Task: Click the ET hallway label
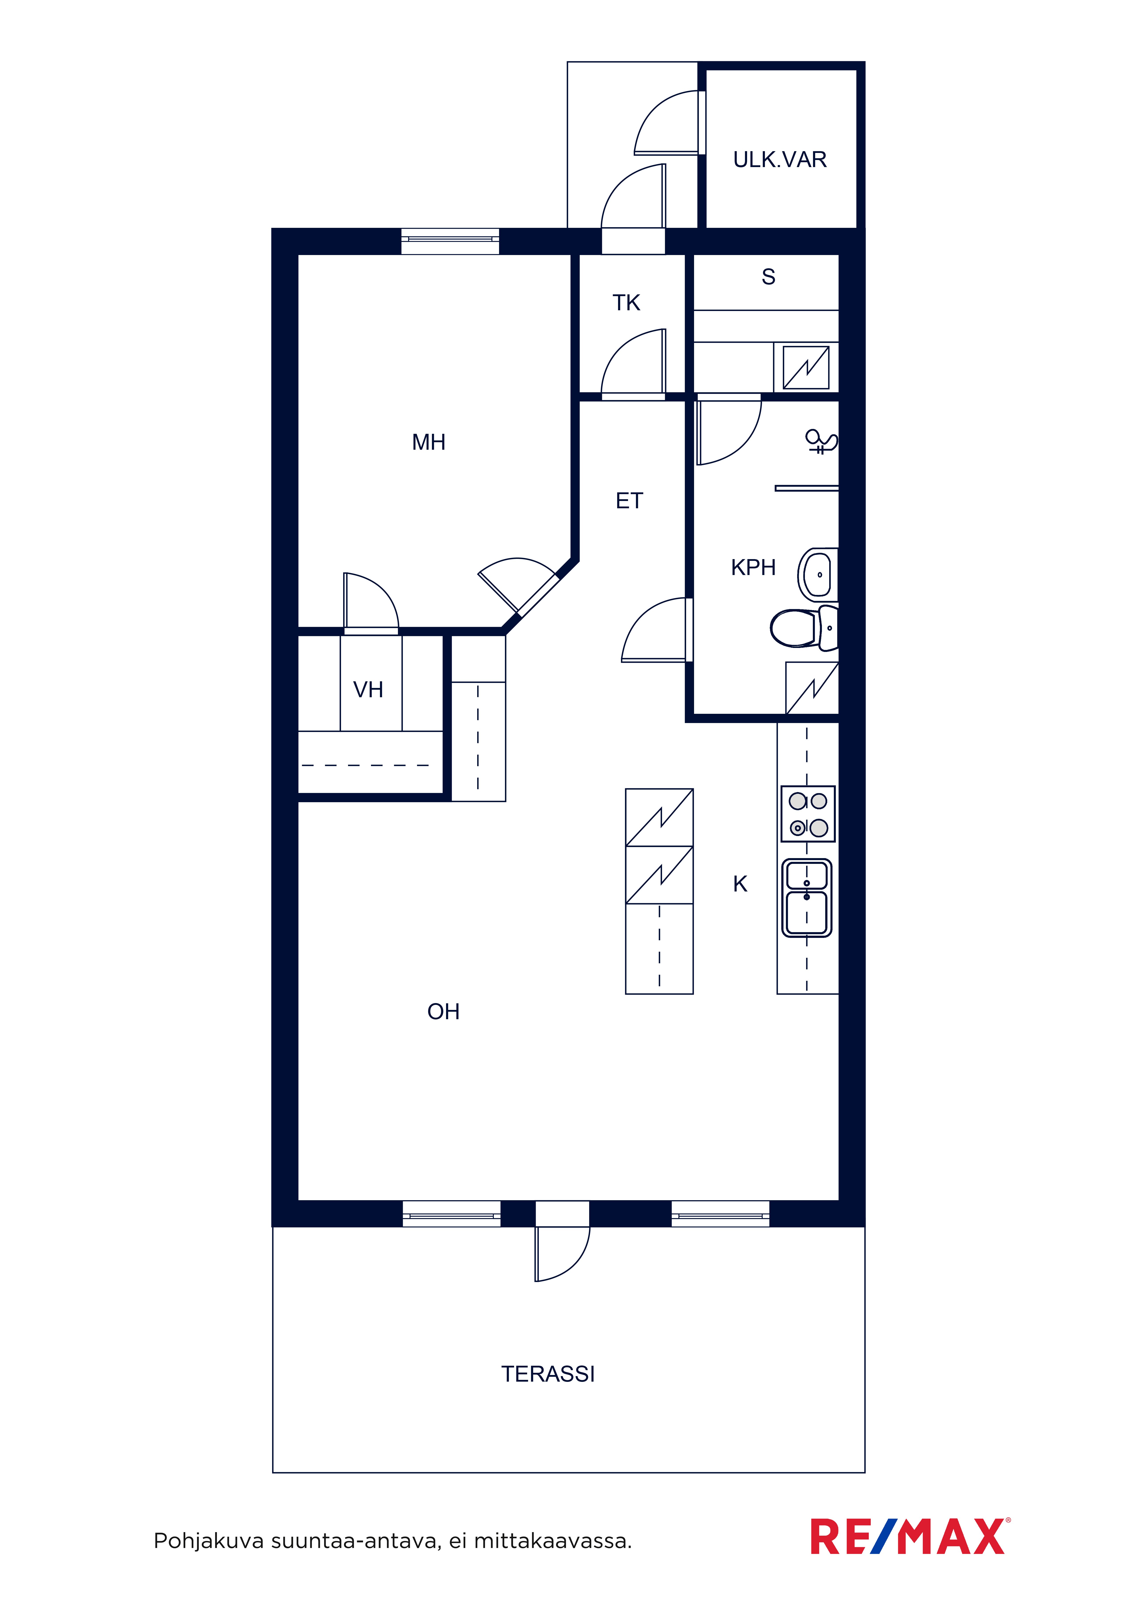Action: pyautogui.click(x=629, y=501)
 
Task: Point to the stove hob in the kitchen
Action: pyautogui.click(x=808, y=814)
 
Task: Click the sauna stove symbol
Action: pyautogui.click(x=806, y=367)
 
